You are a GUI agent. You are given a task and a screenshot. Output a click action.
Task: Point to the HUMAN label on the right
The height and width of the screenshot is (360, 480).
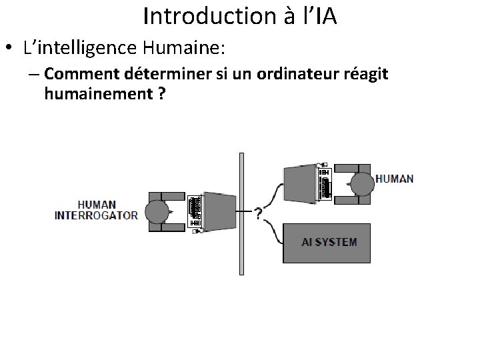[x=394, y=179]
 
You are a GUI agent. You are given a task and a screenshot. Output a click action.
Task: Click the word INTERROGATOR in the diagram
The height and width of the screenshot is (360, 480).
[x=96, y=215]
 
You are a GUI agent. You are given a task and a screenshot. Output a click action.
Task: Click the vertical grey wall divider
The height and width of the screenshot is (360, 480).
[x=241, y=213]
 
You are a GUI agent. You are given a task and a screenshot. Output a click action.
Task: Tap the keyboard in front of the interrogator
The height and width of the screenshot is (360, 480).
[x=195, y=211]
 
